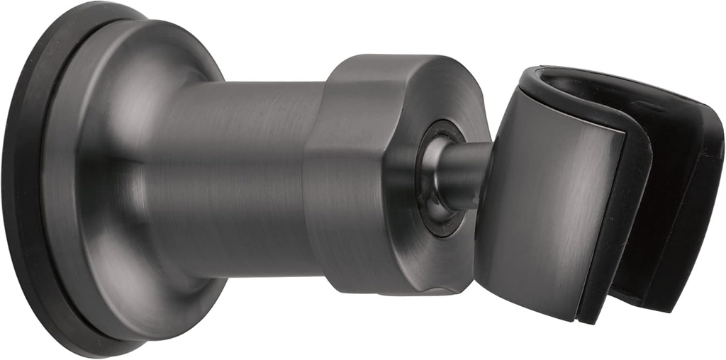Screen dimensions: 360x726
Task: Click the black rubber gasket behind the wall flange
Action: pos(21,177)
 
